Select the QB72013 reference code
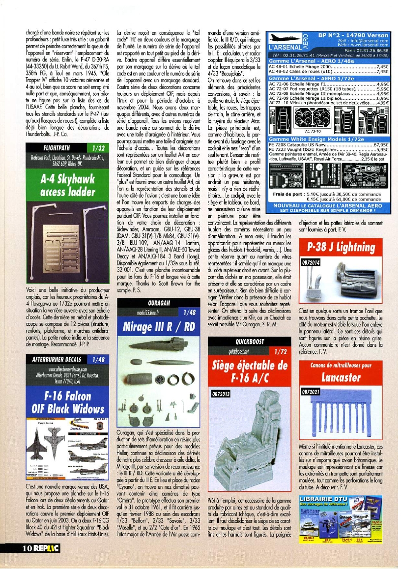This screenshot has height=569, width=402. pos(220,393)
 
